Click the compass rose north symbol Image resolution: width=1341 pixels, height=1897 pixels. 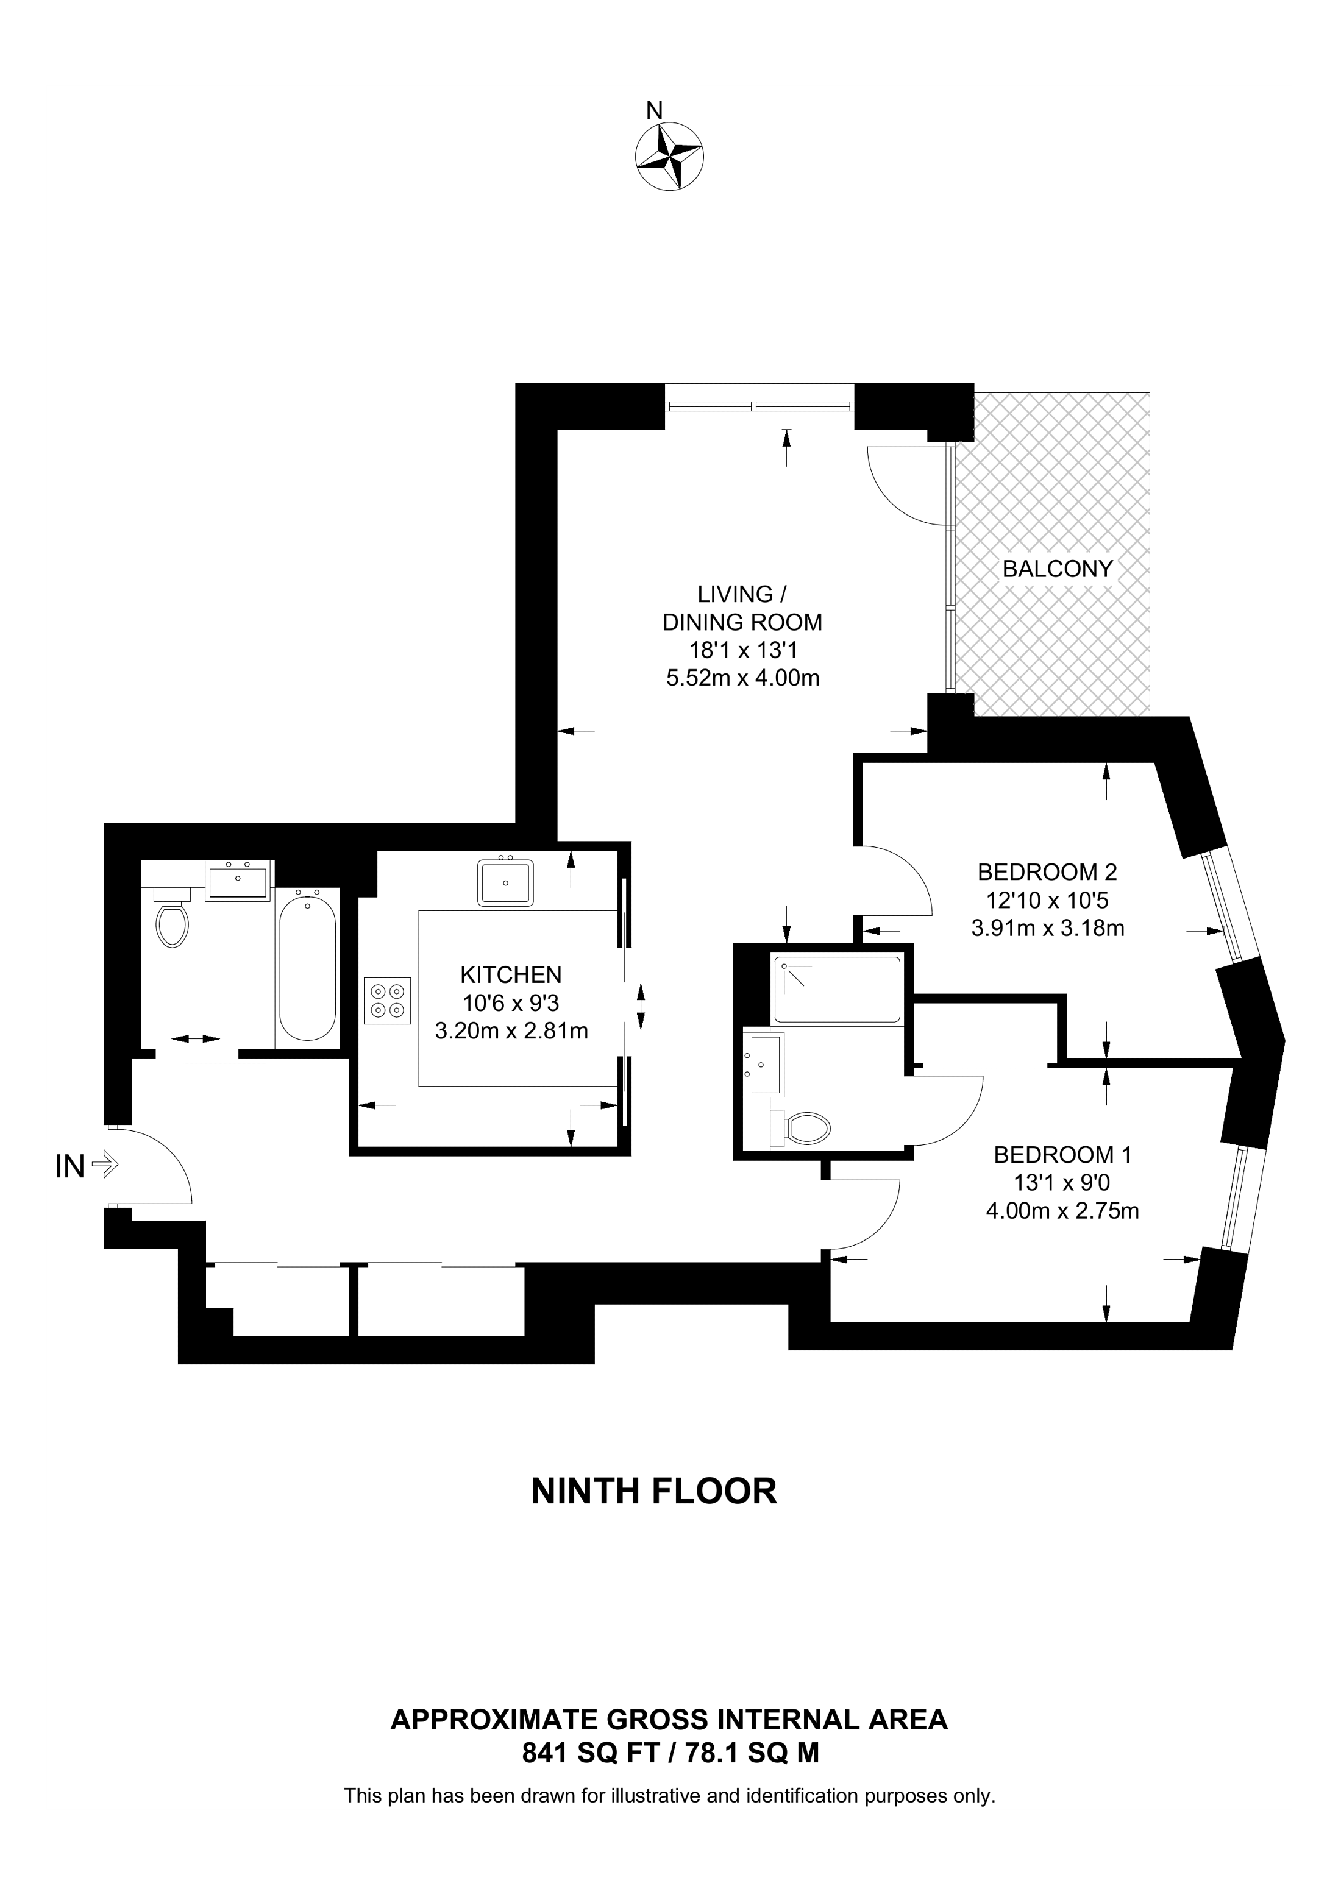669,155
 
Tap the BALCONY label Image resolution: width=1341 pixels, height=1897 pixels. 1058,569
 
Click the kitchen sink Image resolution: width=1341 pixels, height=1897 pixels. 505,882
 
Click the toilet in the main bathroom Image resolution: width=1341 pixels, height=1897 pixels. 173,917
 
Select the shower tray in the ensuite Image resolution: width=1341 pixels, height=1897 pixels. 836,989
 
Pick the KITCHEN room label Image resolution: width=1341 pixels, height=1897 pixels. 511,975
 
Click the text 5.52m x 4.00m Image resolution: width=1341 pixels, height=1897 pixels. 743,678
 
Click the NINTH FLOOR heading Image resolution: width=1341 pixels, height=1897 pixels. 655,1491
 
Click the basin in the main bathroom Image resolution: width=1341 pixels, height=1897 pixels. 238,881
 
